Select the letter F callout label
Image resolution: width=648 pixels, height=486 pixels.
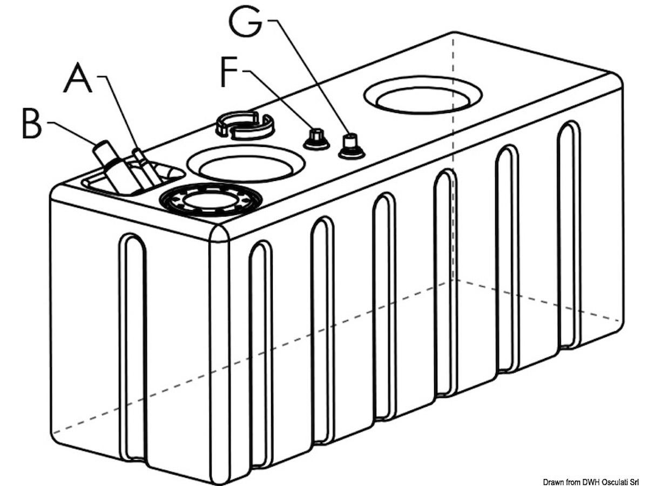click(231, 72)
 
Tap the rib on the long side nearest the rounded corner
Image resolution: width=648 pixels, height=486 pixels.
click(261, 351)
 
